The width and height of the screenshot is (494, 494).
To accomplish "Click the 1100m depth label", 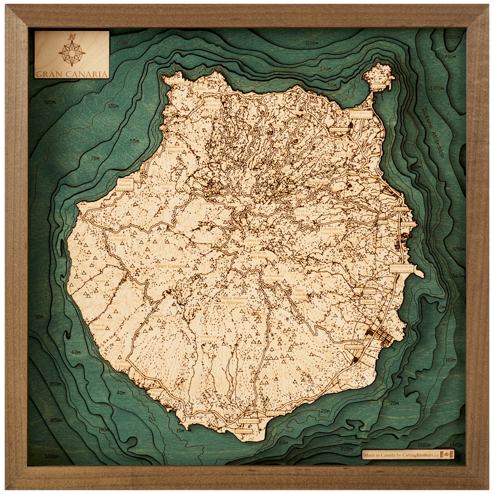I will (x=312, y=43).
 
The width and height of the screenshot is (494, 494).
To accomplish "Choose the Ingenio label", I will (x=370, y=291).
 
